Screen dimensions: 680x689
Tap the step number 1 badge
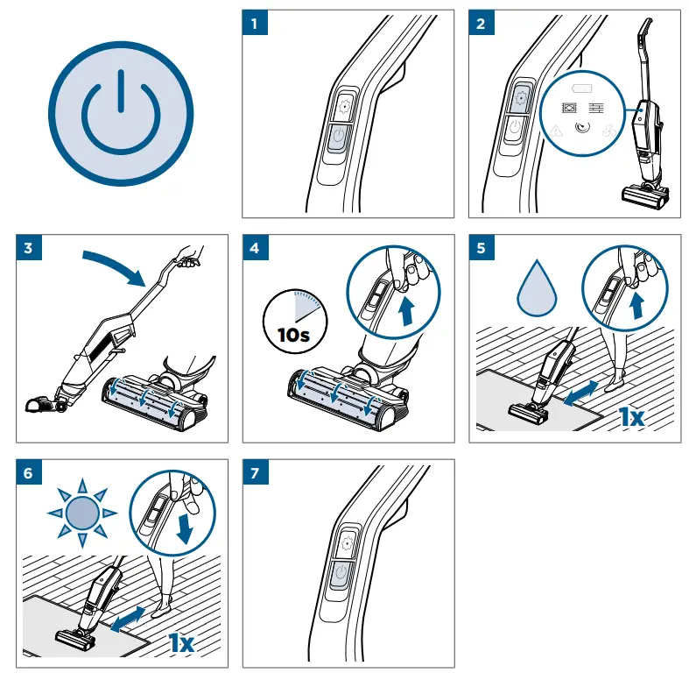coord(255,24)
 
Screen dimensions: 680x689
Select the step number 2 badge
coord(481,24)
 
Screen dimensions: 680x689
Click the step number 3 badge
coord(29,248)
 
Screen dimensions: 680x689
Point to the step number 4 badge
coord(255,248)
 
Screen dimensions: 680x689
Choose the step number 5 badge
coord(481,248)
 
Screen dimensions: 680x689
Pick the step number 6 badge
coord(29,472)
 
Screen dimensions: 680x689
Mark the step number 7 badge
coord(255,472)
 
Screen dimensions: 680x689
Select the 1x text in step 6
coord(181,641)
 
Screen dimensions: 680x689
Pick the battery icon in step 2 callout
coord(582,89)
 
